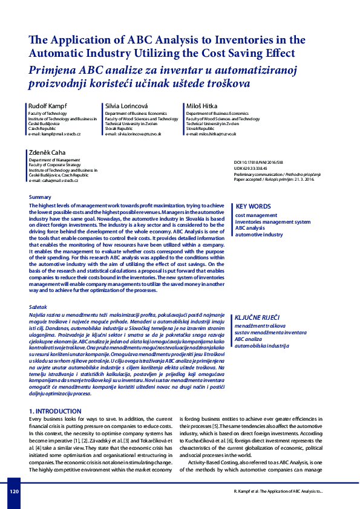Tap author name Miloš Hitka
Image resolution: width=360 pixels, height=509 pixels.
point(201,106)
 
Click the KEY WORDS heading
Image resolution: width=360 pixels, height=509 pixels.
point(253,206)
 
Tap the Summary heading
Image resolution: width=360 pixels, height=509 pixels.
point(40,198)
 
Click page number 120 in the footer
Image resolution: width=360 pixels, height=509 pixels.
point(15,491)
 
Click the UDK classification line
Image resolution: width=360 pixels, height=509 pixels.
point(253,168)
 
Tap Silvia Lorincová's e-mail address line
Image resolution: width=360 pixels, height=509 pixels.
point(133,134)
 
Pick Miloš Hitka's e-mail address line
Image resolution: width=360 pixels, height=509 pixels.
point(211,134)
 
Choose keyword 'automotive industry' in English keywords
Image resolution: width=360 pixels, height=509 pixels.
point(259,235)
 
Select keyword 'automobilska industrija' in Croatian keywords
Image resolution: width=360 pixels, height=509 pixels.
point(262,346)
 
